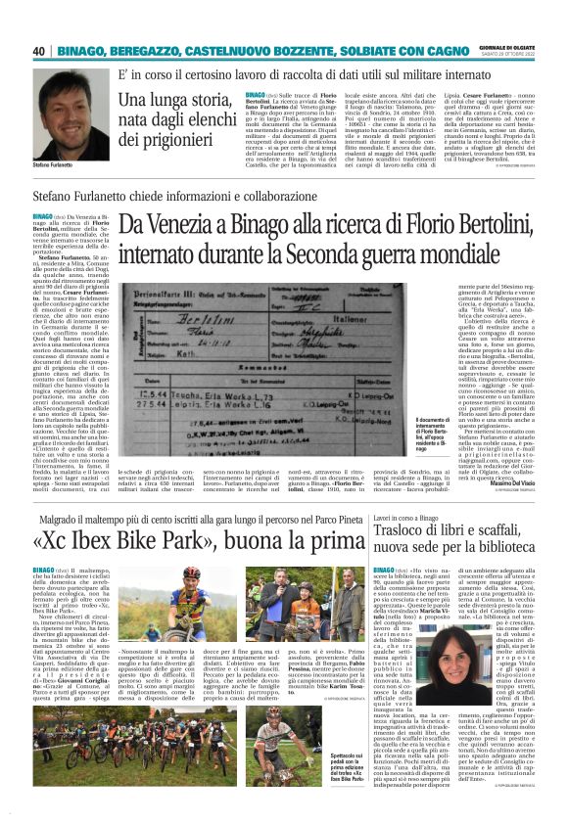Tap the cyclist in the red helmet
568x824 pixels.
coord(196,606)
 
